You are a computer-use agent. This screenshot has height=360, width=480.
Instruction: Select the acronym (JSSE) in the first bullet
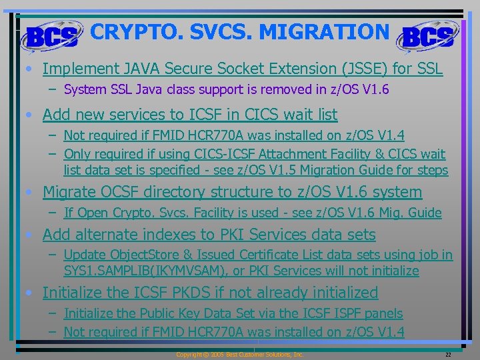(360, 69)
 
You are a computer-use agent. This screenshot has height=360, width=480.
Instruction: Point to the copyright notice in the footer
(239, 355)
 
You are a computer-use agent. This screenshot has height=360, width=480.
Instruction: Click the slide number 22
(448, 355)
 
